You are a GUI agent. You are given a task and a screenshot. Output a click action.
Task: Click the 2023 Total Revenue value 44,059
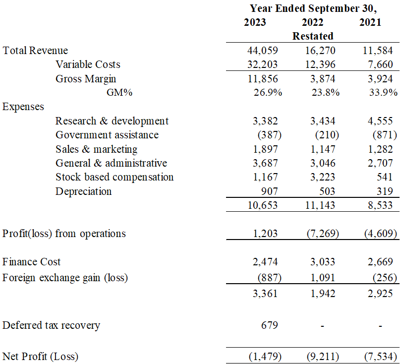262,51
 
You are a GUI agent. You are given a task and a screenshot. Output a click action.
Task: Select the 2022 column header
312,22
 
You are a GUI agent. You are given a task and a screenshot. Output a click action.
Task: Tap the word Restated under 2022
312,36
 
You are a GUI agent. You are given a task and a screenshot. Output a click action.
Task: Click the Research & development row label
112,121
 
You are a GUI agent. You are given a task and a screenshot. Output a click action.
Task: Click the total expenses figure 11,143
321,205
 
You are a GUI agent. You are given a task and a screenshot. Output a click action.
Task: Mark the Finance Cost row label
32,262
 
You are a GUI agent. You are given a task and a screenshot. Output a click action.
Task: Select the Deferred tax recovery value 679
269,326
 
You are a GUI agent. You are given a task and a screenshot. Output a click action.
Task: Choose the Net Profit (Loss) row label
41,356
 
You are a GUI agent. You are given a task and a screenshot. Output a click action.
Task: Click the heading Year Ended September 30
313,8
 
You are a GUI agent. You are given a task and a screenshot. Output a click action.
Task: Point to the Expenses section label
23,107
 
